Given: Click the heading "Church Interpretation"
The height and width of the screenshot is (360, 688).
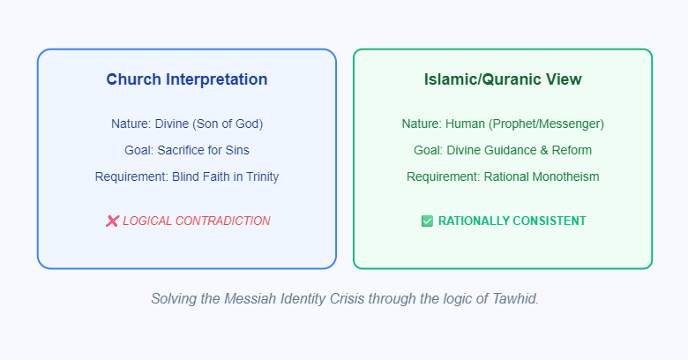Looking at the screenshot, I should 187,79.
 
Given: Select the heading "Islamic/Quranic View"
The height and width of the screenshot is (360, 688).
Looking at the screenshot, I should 503,79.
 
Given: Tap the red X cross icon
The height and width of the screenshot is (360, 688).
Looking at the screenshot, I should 112,221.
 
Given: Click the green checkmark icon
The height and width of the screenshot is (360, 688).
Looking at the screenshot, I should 427,221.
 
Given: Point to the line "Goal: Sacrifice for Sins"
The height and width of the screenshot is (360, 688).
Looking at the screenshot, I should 187,150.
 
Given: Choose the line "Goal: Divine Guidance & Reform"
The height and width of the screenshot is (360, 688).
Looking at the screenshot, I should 503,150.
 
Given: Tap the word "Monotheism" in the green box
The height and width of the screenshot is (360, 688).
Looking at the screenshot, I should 565,176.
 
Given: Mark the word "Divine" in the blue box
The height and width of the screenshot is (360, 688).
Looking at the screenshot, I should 172,124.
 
